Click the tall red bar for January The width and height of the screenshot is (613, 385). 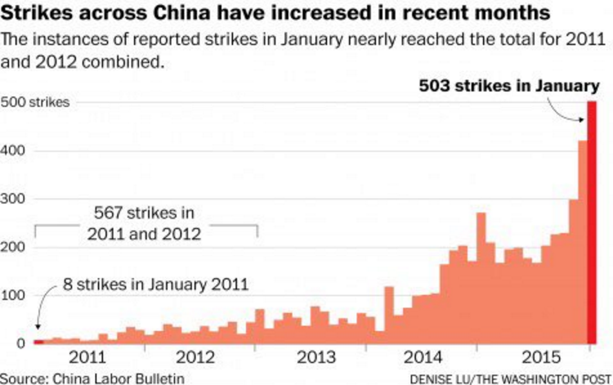click(592, 222)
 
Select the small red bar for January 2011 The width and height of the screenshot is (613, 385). click(38, 342)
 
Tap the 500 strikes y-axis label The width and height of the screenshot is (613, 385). click(35, 103)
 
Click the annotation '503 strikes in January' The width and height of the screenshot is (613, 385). click(509, 86)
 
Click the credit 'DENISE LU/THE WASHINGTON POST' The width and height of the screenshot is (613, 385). click(510, 378)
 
